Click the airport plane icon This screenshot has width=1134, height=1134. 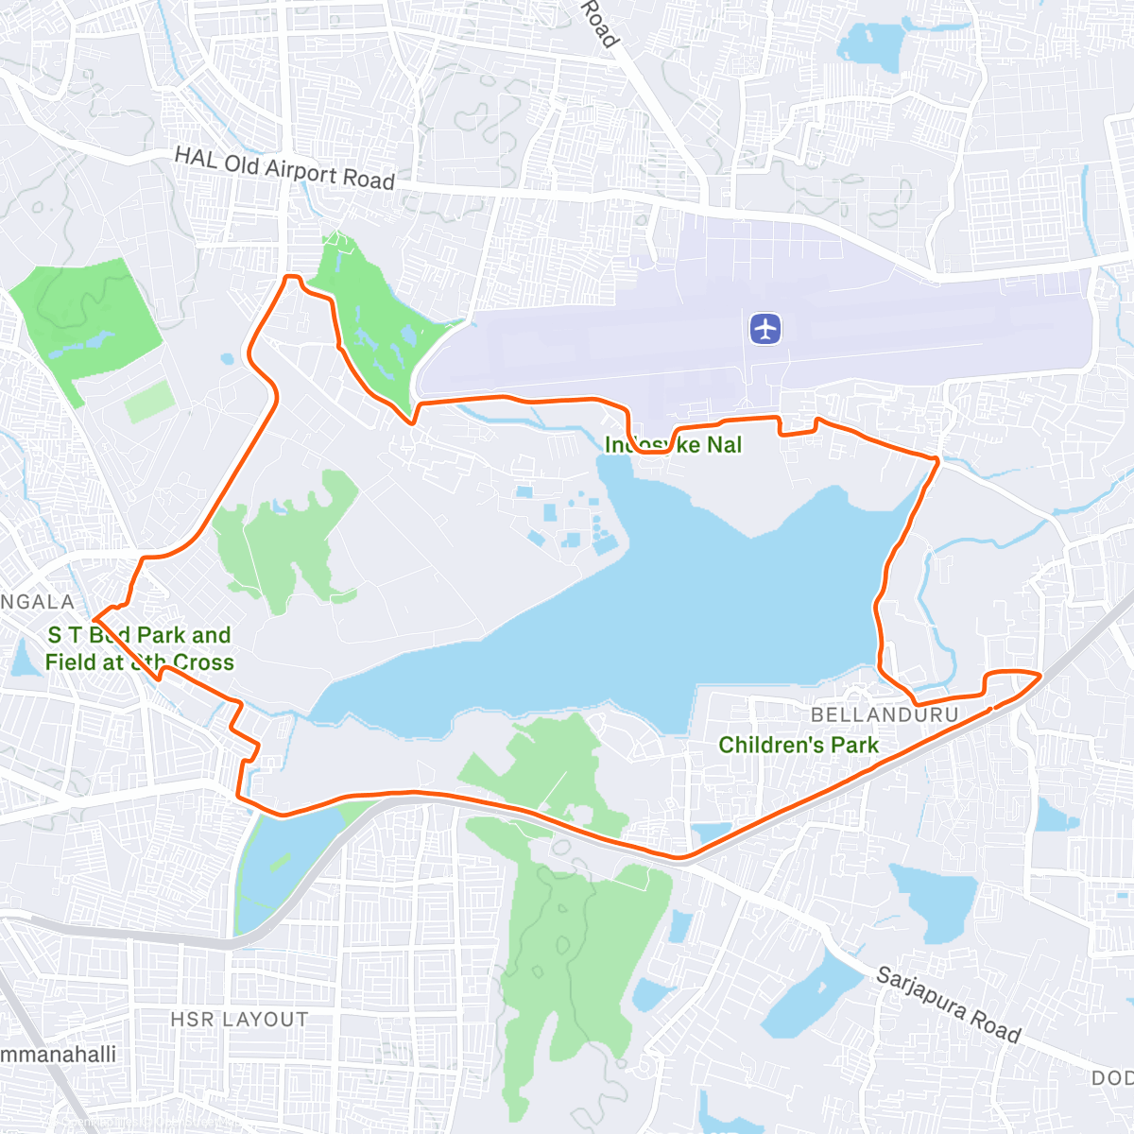click(x=765, y=329)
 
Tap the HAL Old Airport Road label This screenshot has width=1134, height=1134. click(x=284, y=169)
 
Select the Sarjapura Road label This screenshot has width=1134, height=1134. click(x=948, y=1004)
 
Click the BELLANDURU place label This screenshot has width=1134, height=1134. click(x=885, y=715)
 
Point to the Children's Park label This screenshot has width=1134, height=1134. click(x=799, y=745)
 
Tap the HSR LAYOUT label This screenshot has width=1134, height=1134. click(x=239, y=1020)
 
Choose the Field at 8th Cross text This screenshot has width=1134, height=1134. click(x=139, y=662)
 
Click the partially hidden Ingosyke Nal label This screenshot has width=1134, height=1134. click(x=673, y=444)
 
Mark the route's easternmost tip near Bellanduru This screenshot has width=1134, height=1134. click(x=1039, y=675)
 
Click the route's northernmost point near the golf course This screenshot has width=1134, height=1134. click(x=292, y=276)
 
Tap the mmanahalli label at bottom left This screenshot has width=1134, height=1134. click(x=59, y=1054)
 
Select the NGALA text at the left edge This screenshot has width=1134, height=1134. click(x=38, y=602)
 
